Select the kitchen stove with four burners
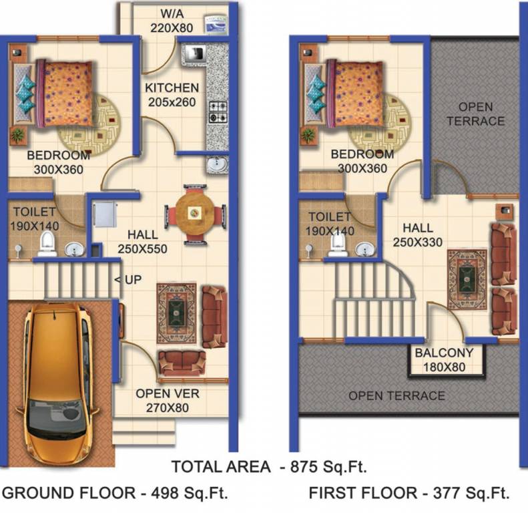(218, 112)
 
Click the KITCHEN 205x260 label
(172, 95)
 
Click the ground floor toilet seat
(47, 245)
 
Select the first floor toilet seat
(338, 245)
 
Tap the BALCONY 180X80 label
(444, 359)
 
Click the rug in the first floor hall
(467, 279)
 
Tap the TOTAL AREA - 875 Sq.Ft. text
(268, 466)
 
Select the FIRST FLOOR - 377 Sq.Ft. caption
(409, 494)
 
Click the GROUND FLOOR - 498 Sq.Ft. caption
(115, 494)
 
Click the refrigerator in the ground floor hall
(104, 214)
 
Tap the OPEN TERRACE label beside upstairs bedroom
(475, 114)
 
